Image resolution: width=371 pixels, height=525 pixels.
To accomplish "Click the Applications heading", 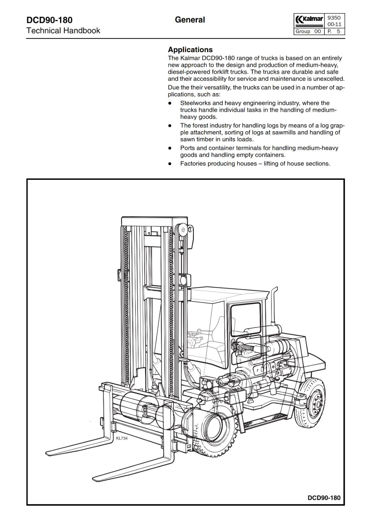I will pyautogui.click(x=190, y=50).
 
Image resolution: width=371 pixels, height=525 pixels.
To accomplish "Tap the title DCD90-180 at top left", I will pyautogui.click(x=49, y=20).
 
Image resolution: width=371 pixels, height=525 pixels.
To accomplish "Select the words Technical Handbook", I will pyautogui.click(x=63, y=31).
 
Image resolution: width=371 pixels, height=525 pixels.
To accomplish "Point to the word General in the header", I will pyautogui.click(x=190, y=20).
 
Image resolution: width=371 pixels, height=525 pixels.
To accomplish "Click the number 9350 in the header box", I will pyautogui.click(x=334, y=18).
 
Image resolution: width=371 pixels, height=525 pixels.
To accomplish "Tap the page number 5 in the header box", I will pyautogui.click(x=338, y=31).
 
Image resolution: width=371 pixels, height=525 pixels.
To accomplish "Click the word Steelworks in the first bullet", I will pyautogui.click(x=195, y=103).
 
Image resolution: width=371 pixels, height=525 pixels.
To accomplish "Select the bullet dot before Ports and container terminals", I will pyautogui.click(x=170, y=148).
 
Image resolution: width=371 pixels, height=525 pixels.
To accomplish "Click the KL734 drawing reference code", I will pyautogui.click(x=122, y=438).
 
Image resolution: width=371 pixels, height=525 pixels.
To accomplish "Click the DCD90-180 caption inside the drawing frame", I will pyautogui.click(x=324, y=498).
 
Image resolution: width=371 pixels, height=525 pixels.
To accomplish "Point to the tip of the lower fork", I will pyautogui.click(x=95, y=478).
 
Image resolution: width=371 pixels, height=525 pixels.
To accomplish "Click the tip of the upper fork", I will pyautogui.click(x=48, y=451).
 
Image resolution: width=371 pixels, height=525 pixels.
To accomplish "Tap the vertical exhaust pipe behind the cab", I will pyautogui.click(x=274, y=305).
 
